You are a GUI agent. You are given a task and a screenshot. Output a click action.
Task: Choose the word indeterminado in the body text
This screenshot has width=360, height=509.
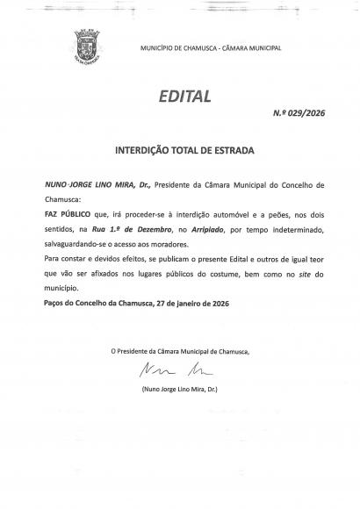pos(297,226)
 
